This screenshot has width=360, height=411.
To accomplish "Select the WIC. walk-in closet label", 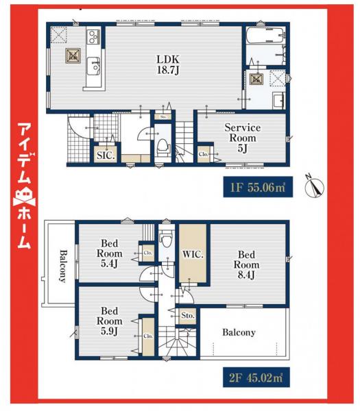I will pos(193,255).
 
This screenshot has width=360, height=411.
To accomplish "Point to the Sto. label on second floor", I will pos(188,316).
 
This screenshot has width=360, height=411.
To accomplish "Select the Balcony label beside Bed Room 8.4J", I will pos(239,332).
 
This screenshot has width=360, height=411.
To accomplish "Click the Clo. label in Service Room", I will pos(204,155).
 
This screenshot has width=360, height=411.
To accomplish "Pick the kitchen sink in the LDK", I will pos(95,66).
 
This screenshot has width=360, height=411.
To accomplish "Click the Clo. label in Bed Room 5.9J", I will pos(147,336).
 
